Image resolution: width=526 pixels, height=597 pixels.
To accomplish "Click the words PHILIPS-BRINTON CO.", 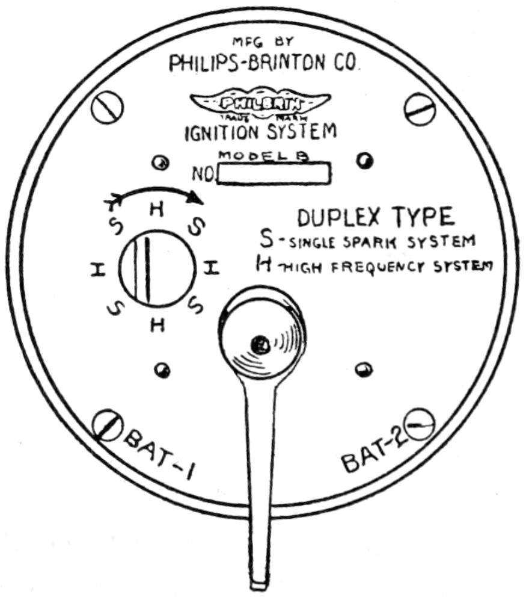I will (x=265, y=63).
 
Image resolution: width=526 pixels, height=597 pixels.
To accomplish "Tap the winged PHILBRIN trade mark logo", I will (x=260, y=103).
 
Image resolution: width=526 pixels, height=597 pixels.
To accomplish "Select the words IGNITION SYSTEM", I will (x=260, y=132).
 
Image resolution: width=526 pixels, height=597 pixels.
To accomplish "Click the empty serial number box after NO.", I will (x=274, y=174).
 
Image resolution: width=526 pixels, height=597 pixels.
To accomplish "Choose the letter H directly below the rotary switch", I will (x=157, y=325).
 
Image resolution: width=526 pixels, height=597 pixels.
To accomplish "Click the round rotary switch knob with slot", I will (x=155, y=269).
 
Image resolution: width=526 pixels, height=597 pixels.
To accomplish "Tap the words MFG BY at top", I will (x=260, y=42).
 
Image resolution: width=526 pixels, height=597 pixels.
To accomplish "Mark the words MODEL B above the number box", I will (x=263, y=156).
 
